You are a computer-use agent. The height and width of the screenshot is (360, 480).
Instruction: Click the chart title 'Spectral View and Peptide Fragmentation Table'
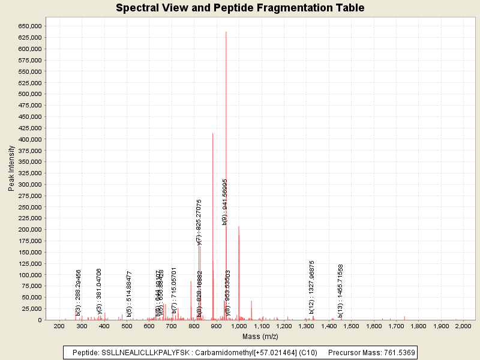(240, 8)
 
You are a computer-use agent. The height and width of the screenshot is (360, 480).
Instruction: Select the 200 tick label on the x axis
(59, 326)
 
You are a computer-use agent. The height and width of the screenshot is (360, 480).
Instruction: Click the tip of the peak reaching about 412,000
(213, 133)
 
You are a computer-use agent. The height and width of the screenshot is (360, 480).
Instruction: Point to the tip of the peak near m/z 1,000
(239, 227)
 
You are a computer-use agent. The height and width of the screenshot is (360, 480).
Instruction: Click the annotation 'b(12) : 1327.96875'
(312, 287)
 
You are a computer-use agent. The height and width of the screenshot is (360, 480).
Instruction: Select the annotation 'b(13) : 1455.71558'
(340, 290)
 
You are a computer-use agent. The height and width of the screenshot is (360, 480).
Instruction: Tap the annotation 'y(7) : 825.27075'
(199, 222)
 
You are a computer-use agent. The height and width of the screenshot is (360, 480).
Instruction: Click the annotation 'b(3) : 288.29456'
(78, 293)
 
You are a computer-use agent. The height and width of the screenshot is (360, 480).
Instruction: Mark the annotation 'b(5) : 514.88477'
(129, 293)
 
